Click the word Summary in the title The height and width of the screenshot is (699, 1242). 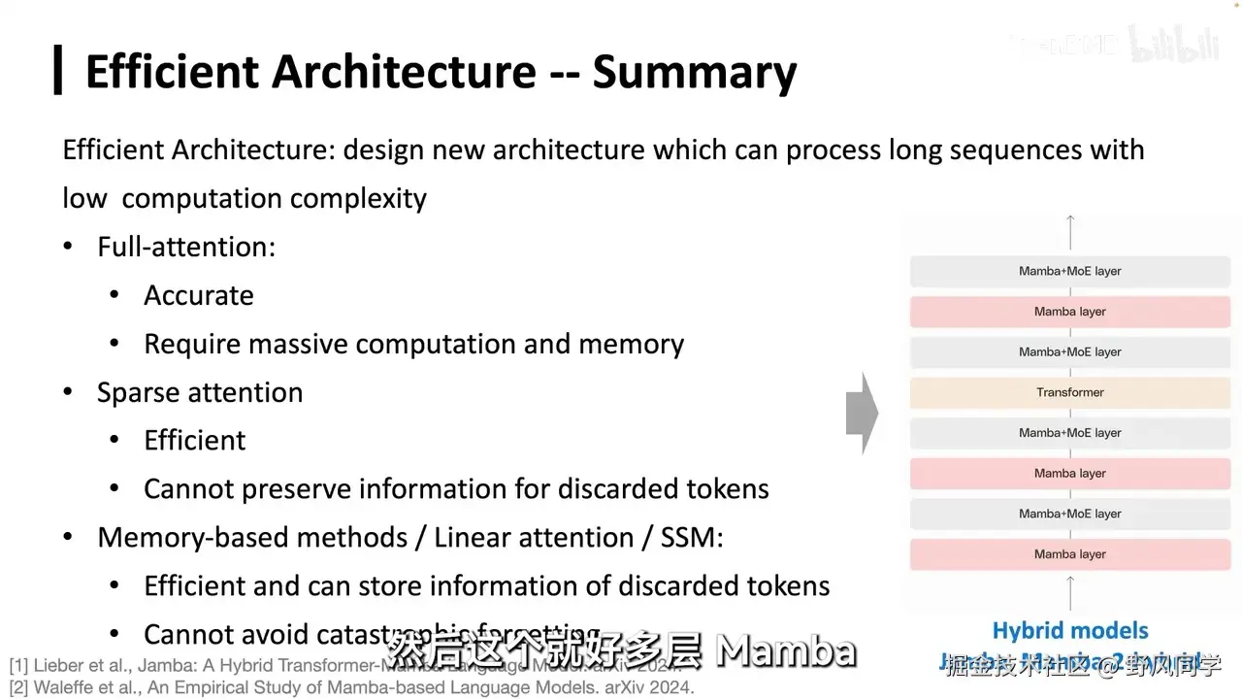click(x=695, y=73)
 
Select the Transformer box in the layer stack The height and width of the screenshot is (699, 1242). click(x=1069, y=392)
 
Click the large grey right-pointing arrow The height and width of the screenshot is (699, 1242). click(x=862, y=414)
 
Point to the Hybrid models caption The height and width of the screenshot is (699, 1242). click(x=1069, y=631)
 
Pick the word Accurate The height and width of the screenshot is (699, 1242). click(x=199, y=295)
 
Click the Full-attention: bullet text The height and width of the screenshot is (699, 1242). click(x=186, y=247)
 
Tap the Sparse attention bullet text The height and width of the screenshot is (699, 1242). click(x=200, y=392)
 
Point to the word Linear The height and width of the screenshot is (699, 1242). click(x=475, y=537)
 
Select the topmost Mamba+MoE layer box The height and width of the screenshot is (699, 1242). click(x=1069, y=271)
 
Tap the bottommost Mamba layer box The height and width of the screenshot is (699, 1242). click(x=1069, y=554)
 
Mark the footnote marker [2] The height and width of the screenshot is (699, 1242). click(x=18, y=688)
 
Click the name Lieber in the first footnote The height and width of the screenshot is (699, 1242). click(x=60, y=666)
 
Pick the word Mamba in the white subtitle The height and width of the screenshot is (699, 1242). click(x=786, y=651)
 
